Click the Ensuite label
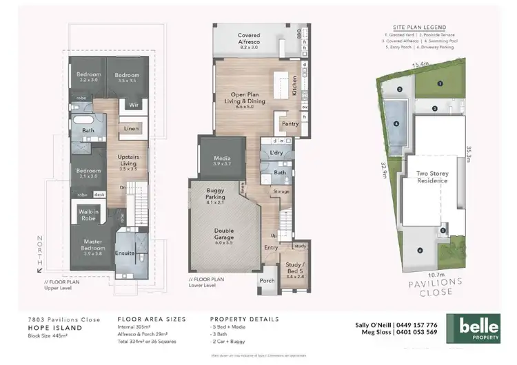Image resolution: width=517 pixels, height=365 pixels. [x=126, y=252]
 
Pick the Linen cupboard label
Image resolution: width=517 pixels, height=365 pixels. [x=129, y=129]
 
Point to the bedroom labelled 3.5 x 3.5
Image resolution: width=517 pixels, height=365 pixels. [x=127, y=77]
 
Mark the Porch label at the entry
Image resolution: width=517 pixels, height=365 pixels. [x=267, y=281]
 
